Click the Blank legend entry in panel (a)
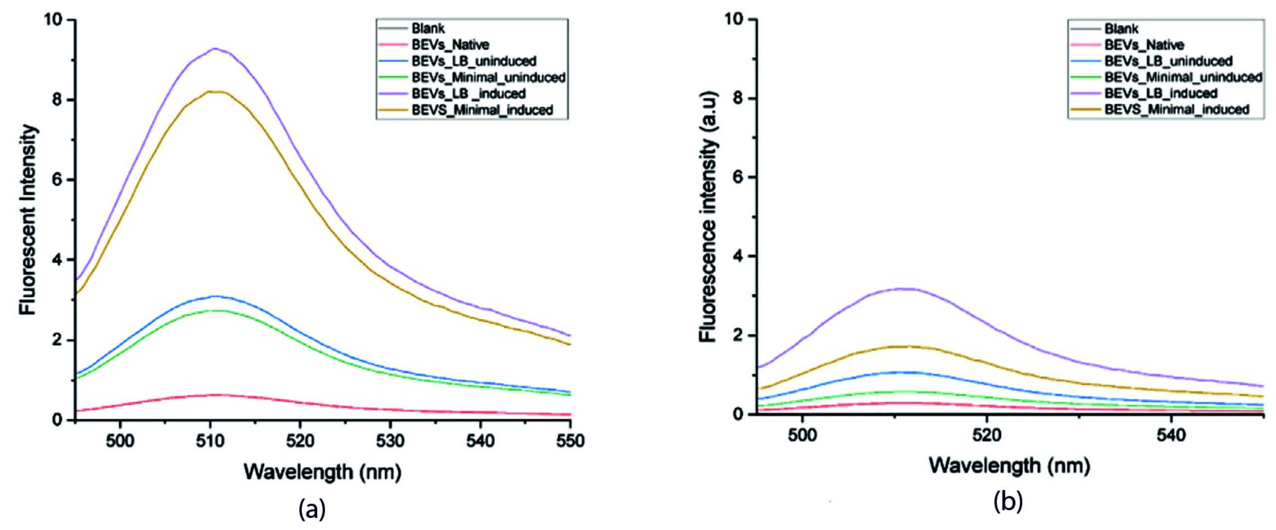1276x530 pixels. point(428,28)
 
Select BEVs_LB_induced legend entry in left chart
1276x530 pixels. point(469,93)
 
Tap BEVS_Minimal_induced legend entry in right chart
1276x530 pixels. point(1177,109)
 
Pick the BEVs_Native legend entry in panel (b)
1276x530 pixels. point(1144,45)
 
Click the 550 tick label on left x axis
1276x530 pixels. point(570,440)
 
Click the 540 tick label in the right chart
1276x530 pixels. point(1171,435)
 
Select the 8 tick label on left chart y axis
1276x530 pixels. point(58,100)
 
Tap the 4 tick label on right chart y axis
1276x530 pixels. point(738,256)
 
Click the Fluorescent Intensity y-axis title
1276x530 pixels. point(28,219)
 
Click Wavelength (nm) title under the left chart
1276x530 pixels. point(322,471)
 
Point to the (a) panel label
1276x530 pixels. point(312,509)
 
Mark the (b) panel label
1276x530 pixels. point(1008,502)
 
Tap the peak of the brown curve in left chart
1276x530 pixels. point(215,91)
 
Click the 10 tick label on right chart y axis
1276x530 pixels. point(734,19)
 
